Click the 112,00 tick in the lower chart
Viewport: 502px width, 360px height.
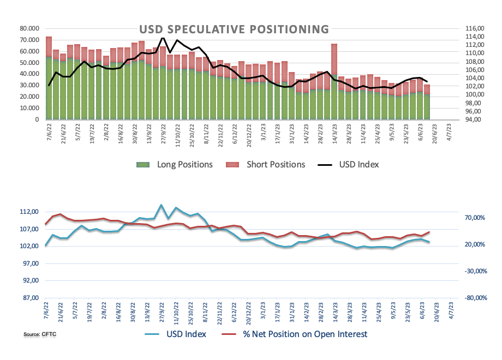click(28, 212)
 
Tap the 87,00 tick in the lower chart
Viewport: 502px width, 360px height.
click(28, 298)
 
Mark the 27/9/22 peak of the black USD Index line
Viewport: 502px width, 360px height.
click(162, 37)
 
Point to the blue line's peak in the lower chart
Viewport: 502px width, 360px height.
click(161, 205)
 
